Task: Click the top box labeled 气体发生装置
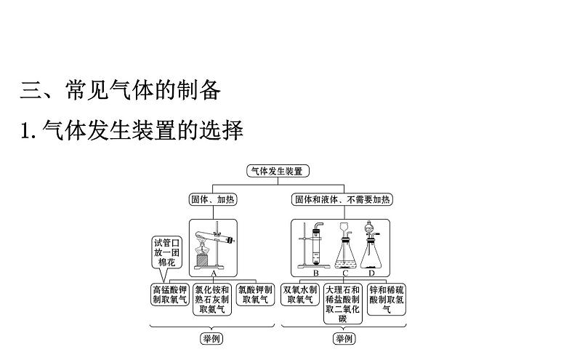276,171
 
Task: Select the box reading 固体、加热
213,199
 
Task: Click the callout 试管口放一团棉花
164,252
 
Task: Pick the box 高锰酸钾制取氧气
169,294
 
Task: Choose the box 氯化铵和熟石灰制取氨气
213,299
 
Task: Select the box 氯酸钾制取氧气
256,294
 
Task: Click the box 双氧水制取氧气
299,294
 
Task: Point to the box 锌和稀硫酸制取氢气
387,299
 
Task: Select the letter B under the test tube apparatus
316,273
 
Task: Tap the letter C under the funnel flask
346,273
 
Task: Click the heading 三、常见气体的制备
120,90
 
